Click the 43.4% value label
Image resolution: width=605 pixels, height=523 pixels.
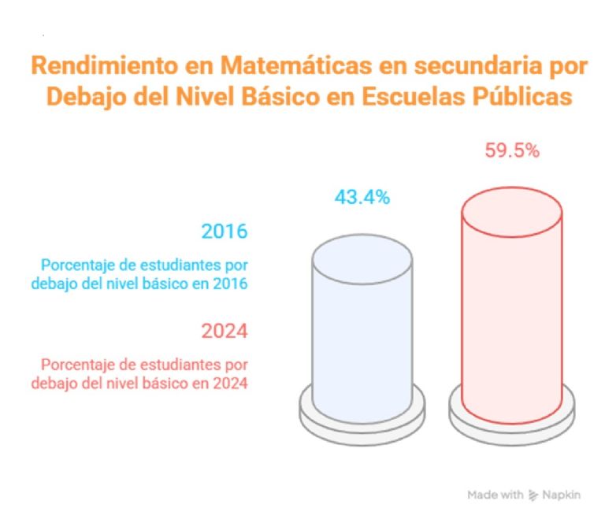[x=362, y=198]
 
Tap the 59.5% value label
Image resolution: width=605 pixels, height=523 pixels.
[x=511, y=151]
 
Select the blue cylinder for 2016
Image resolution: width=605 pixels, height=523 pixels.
[x=362, y=331]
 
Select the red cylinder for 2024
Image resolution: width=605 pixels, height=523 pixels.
[x=511, y=315]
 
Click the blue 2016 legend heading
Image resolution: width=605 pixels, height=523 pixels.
[x=225, y=232]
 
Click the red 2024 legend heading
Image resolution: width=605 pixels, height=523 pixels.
[x=225, y=331]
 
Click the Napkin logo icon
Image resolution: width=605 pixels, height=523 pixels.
[x=533, y=495]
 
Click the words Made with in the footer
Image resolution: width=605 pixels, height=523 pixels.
[x=495, y=495]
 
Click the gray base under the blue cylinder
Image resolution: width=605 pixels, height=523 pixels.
[x=362, y=417]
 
